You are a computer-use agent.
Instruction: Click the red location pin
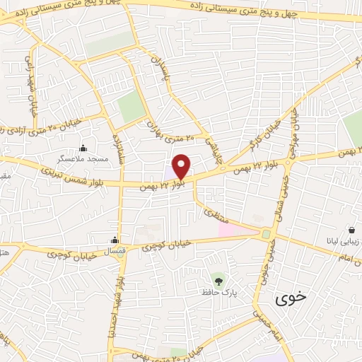point(182,166)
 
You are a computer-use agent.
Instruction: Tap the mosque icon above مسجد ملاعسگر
point(84,148)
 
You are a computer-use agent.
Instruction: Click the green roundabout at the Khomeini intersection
point(267,234)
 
